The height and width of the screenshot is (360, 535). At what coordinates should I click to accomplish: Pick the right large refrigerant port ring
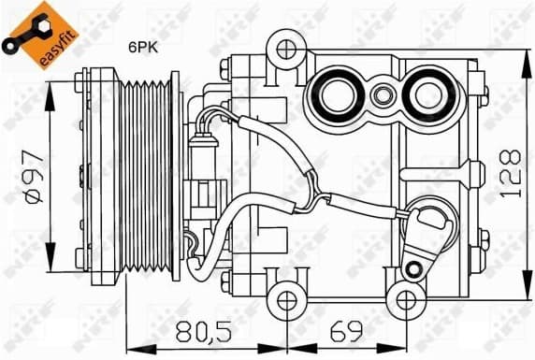click(427, 94)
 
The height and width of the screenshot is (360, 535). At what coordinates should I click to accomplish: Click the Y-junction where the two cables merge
click(324, 197)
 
